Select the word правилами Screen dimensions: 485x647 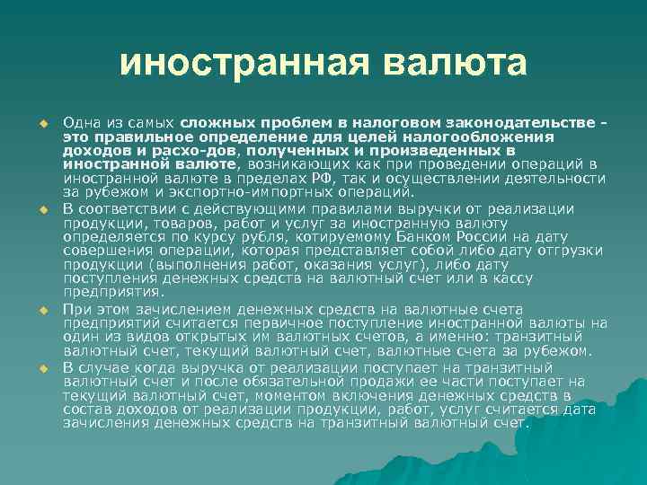point(354,208)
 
